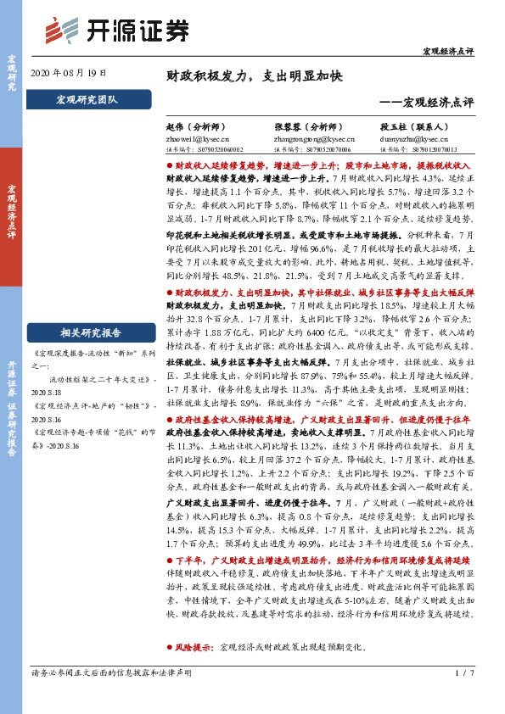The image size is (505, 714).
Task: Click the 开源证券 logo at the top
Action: [115, 30]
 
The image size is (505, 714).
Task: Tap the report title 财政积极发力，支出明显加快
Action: [254, 76]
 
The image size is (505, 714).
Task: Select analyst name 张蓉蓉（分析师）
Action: [308, 126]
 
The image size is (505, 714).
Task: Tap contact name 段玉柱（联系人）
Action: [416, 126]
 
